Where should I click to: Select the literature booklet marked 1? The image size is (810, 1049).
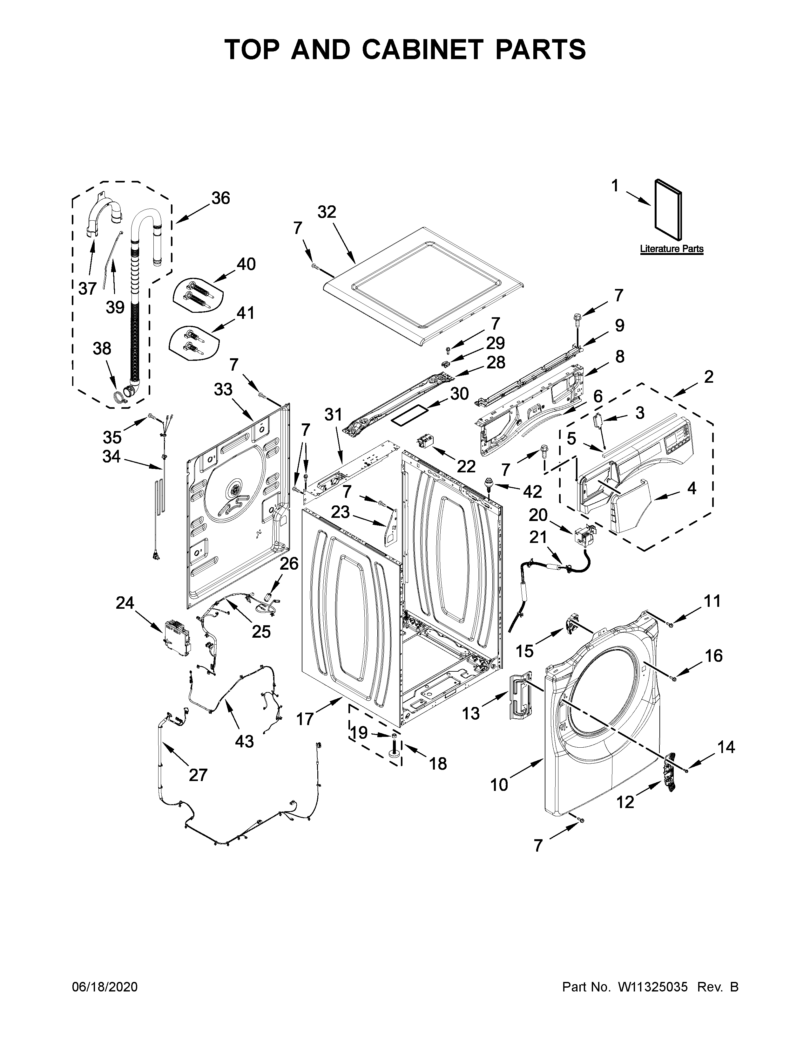click(668, 210)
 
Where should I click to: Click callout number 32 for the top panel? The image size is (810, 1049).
click(327, 212)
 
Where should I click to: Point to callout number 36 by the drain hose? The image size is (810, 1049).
click(221, 198)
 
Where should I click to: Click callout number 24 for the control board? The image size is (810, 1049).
click(125, 602)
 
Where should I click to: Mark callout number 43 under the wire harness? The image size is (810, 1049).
click(244, 741)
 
